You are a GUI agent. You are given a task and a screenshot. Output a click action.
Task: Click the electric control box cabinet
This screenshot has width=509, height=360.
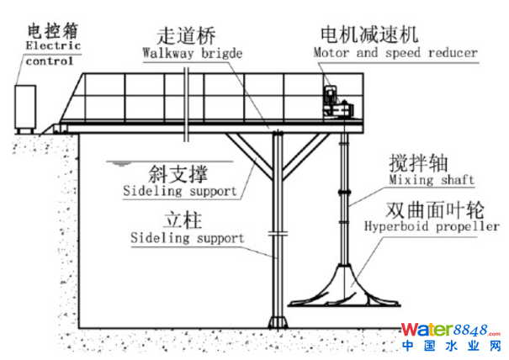[27, 106]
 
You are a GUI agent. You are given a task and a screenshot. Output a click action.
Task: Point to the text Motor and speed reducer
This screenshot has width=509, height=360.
[395, 52]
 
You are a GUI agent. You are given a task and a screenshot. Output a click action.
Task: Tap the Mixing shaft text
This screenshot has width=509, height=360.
[432, 180]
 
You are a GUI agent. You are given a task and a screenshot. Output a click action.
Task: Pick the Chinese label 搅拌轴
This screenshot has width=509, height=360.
[417, 162]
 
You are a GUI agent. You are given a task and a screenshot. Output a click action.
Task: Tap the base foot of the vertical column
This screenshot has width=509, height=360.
[277, 323]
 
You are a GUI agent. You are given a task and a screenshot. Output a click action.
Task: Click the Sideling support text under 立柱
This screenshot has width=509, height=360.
[187, 238]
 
